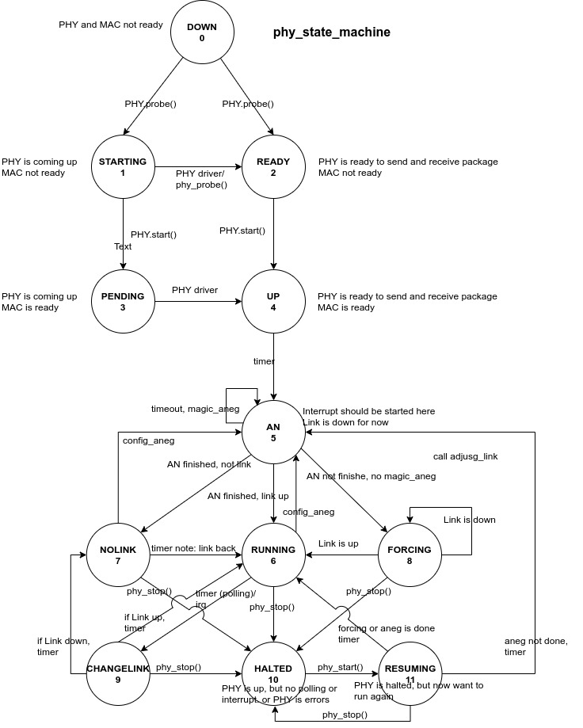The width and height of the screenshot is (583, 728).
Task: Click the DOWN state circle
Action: pos(201,32)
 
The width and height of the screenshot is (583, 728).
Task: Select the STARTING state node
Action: pos(123,167)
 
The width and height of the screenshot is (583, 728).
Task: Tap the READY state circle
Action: pos(273,167)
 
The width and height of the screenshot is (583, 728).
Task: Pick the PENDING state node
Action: pos(123,302)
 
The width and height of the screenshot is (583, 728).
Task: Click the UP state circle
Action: pos(273,302)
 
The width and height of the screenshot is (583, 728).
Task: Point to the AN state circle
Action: pos(273,433)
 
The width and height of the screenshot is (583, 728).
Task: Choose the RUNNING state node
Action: pos(273,555)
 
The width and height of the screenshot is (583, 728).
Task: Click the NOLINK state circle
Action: pos(119,555)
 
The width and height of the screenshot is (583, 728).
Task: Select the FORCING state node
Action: pos(410,555)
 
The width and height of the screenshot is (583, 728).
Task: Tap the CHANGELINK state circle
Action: pos(118,674)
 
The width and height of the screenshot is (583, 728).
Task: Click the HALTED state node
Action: pos(273,674)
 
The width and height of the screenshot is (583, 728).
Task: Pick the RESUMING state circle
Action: pos(410,674)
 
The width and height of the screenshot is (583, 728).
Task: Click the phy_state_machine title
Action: pos(332,32)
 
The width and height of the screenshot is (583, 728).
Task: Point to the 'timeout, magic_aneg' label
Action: pos(195,409)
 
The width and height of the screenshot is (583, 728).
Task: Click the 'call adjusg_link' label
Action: pos(465,456)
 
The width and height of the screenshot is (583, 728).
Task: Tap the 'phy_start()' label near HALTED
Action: pos(340,667)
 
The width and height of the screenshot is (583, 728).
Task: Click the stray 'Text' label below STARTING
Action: pos(123,246)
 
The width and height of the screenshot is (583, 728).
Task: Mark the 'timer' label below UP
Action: pos(264,361)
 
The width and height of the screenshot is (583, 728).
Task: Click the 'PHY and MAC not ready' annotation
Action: pos(111,25)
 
